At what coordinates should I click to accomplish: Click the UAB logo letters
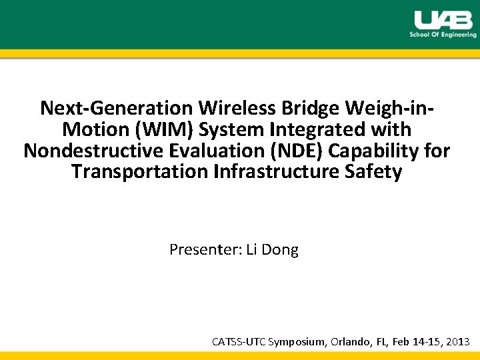point(443,19)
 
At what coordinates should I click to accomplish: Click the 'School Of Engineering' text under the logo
point(443,35)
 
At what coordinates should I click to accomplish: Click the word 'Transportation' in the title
point(139,172)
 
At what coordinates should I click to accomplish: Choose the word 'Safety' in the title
point(376,172)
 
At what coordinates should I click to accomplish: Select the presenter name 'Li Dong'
point(273,250)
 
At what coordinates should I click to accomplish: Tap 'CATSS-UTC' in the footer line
point(239,342)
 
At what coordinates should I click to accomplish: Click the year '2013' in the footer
point(457,342)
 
